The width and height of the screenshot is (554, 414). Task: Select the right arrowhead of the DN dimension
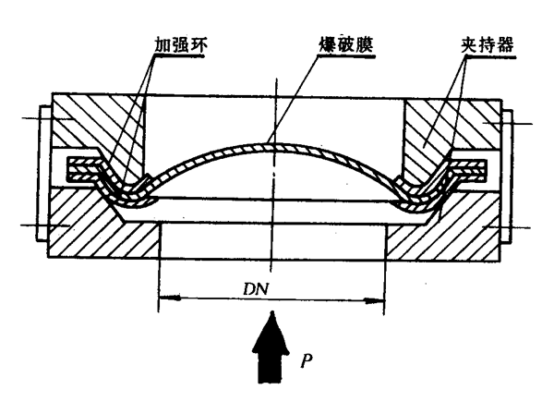(x=379, y=298)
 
